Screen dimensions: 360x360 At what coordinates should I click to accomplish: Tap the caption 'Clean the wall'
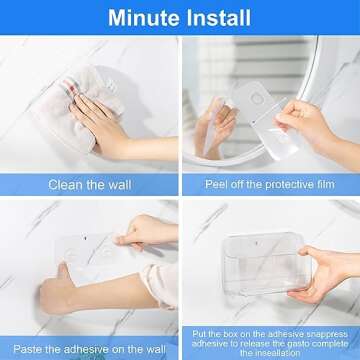[x=88, y=184]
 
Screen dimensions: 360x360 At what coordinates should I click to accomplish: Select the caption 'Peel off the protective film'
[x=271, y=184]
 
